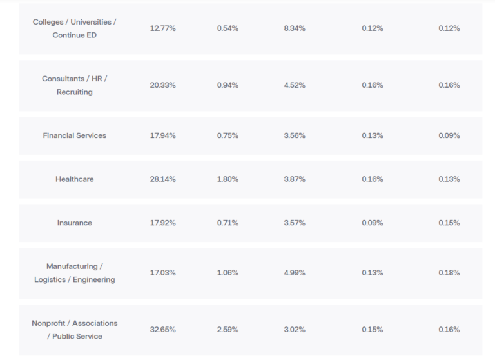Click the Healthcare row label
click(74, 179)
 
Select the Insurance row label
click(74, 223)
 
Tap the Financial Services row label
click(74, 136)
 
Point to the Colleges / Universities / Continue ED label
click(74, 28)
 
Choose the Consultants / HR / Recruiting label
click(74, 85)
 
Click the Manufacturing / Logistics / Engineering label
click(74, 273)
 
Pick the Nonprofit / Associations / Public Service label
click(74, 330)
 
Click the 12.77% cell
click(162, 28)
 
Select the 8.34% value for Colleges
click(295, 28)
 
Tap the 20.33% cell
click(162, 85)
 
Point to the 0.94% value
click(228, 85)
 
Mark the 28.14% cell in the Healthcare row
click(162, 179)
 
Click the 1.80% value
click(228, 179)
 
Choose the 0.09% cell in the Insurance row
click(372, 223)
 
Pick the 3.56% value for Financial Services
click(295, 136)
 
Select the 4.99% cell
click(295, 273)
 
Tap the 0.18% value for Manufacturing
click(449, 273)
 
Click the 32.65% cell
click(162, 330)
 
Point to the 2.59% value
click(228, 330)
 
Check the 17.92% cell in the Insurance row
click(162, 223)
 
